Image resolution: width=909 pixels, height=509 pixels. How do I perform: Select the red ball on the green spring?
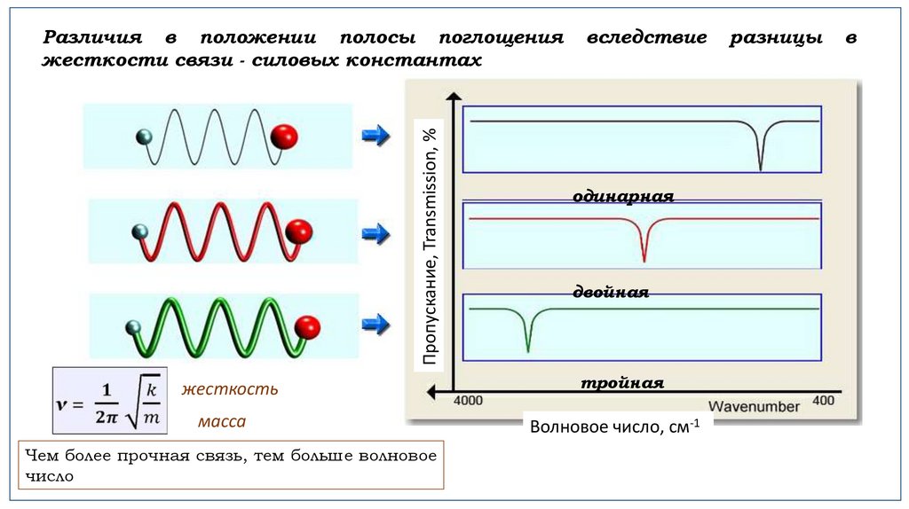pos(306,325)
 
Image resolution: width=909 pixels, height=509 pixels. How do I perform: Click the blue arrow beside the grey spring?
pos(376,136)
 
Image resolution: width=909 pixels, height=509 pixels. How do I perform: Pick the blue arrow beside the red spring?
pos(376,234)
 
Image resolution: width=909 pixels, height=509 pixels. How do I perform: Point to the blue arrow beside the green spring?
pos(376,323)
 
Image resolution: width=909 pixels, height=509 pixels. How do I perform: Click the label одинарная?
pos(623,197)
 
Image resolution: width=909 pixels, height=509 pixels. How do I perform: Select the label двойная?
pos(611,292)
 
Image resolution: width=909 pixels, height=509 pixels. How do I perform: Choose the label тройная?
pos(623,383)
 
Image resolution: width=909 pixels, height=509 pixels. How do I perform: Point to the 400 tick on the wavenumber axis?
pos(823,401)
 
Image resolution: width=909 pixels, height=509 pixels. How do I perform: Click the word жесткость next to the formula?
pos(230,389)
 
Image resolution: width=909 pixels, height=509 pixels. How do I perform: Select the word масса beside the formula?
pos(222,422)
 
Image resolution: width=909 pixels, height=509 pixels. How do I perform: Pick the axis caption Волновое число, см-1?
pos(614,427)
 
